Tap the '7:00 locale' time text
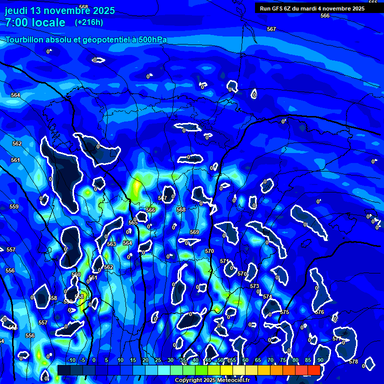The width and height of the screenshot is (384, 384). (35, 22)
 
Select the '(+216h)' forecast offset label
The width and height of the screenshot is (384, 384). (89, 22)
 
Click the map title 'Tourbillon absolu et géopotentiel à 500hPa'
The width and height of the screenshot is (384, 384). (86, 40)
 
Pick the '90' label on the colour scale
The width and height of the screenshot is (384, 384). (320, 360)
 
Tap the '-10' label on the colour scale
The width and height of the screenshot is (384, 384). (71, 360)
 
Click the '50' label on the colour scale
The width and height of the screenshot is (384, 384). (220, 360)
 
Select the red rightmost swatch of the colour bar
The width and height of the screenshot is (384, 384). (313, 370)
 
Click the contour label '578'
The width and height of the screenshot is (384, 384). (353, 361)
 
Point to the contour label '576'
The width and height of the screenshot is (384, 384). (320, 312)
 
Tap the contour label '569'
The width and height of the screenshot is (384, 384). (194, 232)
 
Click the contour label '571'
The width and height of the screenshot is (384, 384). (224, 261)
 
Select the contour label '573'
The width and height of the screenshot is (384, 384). (254, 286)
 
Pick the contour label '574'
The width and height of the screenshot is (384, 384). (267, 296)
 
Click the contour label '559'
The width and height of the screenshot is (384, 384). (14, 206)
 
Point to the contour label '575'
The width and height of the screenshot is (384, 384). (284, 312)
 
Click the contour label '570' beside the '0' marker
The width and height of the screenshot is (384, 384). (241, 273)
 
